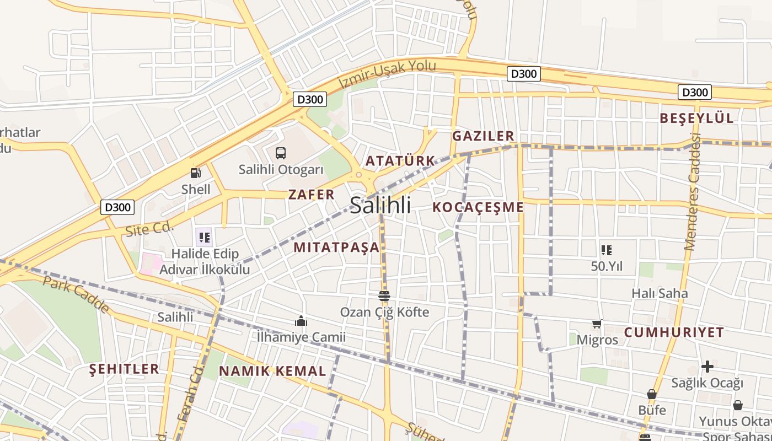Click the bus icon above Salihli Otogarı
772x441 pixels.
(281, 153)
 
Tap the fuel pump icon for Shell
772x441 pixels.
(196, 173)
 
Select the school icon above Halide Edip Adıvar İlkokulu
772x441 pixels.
(205, 238)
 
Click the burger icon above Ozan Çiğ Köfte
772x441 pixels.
(384, 296)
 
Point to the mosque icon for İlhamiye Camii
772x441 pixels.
(301, 321)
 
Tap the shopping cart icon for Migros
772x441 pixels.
(597, 324)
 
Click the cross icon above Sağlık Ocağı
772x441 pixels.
(707, 366)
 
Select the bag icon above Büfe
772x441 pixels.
(652, 395)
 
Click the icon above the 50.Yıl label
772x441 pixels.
(607, 250)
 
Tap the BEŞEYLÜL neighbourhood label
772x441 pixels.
(697, 118)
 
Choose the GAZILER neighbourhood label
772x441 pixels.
(483, 136)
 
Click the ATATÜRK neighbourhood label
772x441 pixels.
(400, 161)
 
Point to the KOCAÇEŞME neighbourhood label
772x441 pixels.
(478, 207)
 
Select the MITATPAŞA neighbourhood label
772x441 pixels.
(336, 247)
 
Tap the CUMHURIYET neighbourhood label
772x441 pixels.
(674, 332)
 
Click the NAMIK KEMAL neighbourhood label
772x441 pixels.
(272, 371)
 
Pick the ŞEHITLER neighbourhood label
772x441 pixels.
(124, 369)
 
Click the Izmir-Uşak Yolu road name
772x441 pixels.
(387, 74)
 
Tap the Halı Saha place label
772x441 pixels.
(660, 293)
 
